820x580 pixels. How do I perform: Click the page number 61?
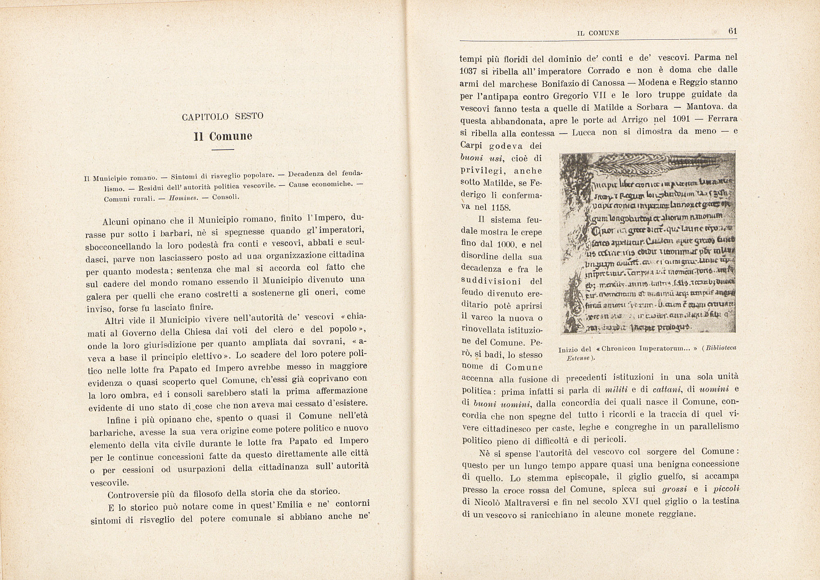(x=733, y=31)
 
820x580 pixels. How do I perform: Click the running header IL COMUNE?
(x=598, y=33)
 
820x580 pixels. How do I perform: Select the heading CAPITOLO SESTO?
(x=223, y=116)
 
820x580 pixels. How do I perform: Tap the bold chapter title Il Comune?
(x=223, y=136)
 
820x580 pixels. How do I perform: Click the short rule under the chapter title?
(x=223, y=150)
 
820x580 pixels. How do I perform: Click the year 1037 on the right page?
(x=468, y=71)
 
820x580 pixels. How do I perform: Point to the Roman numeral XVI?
(x=633, y=501)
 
